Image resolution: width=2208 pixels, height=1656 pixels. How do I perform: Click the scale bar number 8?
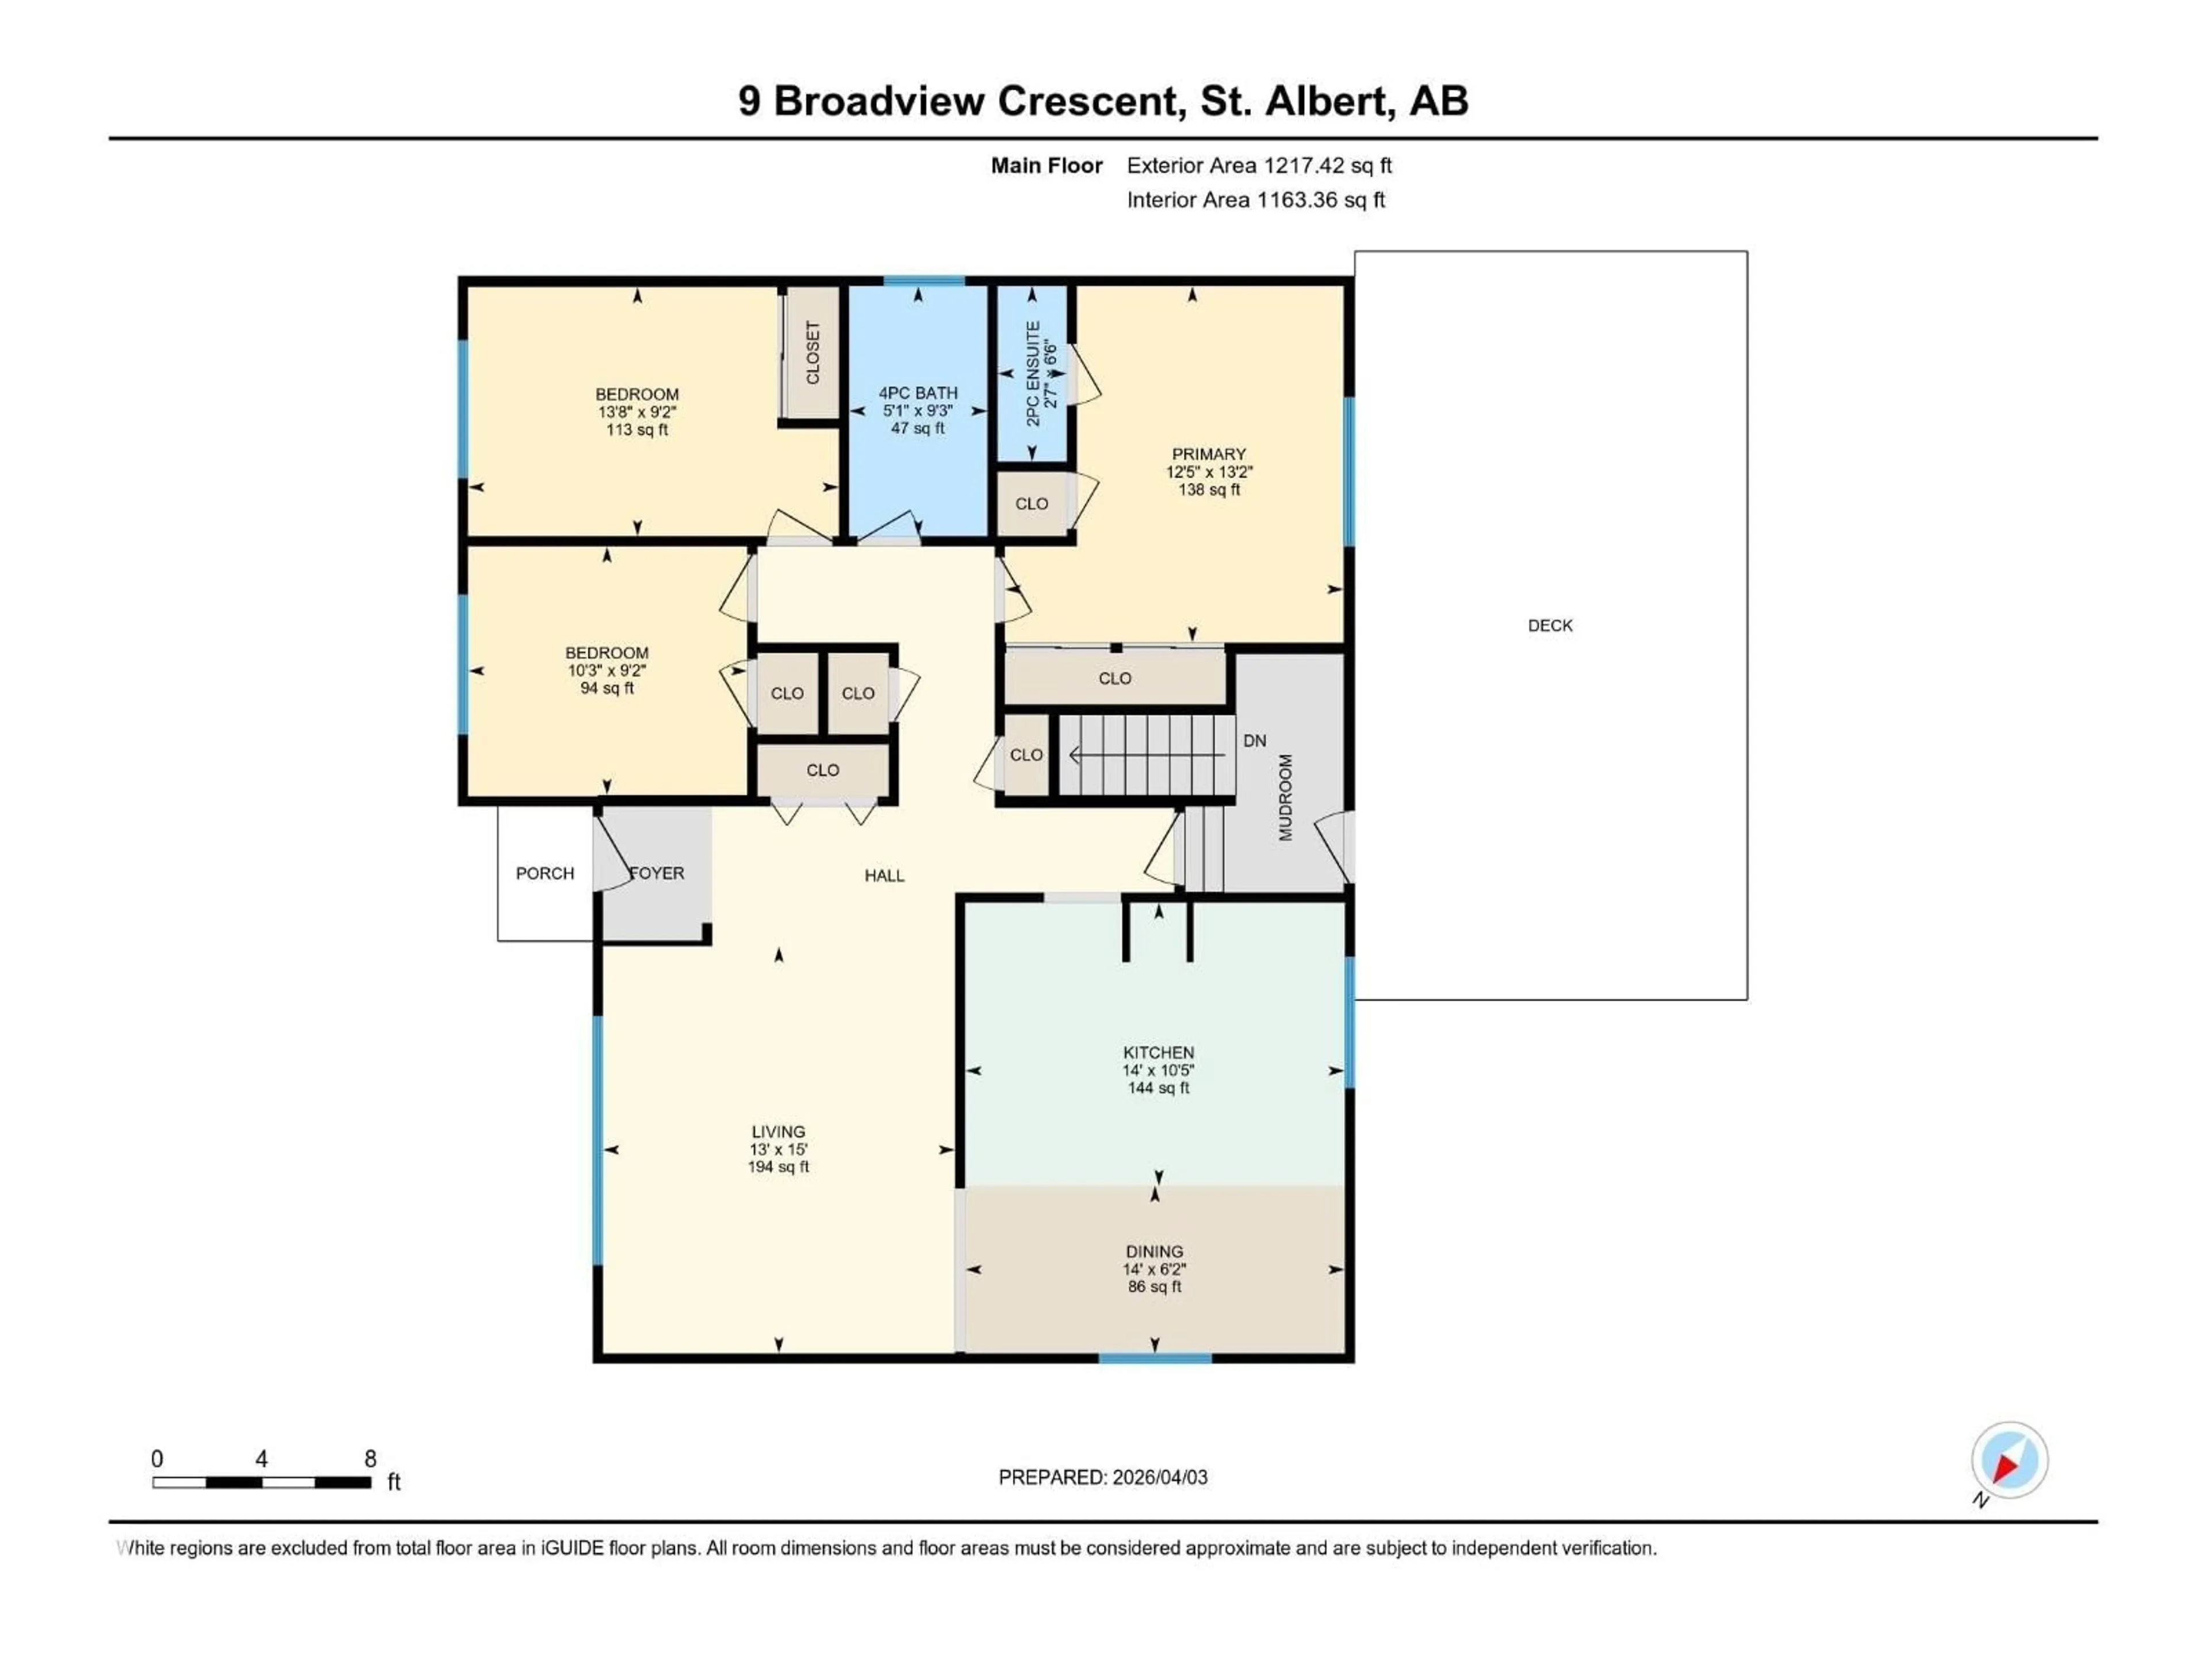click(370, 1458)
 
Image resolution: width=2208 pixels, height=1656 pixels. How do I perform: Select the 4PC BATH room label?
click(917, 393)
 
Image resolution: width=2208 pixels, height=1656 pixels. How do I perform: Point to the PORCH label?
click(545, 873)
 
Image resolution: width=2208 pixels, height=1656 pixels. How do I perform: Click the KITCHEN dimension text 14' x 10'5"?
click(1158, 1070)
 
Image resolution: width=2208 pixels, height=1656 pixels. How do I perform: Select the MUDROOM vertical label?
click(1286, 798)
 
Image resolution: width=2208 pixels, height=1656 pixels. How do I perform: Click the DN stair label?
click(1255, 741)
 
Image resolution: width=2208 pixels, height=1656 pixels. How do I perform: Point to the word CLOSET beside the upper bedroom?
click(812, 352)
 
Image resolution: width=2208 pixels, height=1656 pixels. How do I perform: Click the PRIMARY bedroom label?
click(1209, 454)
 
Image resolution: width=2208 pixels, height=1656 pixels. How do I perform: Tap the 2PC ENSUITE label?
click(1033, 373)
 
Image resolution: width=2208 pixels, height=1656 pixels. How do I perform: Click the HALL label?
click(884, 875)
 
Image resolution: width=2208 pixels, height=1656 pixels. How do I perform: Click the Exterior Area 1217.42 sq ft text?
click(1259, 166)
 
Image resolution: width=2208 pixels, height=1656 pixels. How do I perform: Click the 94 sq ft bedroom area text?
click(607, 688)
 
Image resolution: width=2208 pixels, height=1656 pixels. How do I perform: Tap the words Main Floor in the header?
click(1046, 166)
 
